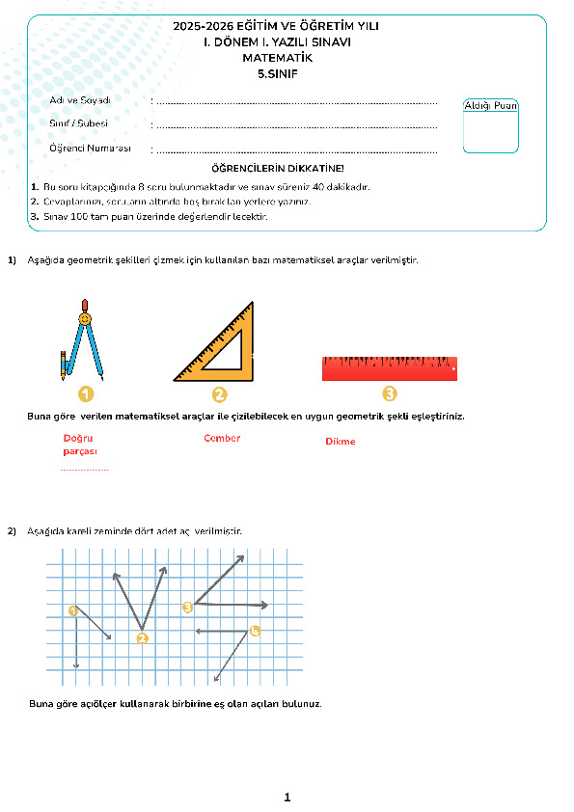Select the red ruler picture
pos(390,368)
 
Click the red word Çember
pos(222,438)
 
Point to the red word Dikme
pos(341,442)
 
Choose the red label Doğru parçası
pos(80,445)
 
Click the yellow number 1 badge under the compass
pos(86,394)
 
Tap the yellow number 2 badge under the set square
pos(220,394)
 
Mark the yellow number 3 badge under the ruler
pos(390,393)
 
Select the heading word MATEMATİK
pos(278,58)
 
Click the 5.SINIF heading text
pos(278,74)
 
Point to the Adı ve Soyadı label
pos(80,100)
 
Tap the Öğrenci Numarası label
pos(90,149)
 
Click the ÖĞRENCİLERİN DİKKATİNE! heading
pos(278,169)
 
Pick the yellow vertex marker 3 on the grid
pos(187,607)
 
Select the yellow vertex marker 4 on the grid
pos(255,631)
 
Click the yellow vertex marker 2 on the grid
pos(143,638)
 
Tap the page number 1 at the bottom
pos(287,797)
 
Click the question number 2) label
pos(12,530)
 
